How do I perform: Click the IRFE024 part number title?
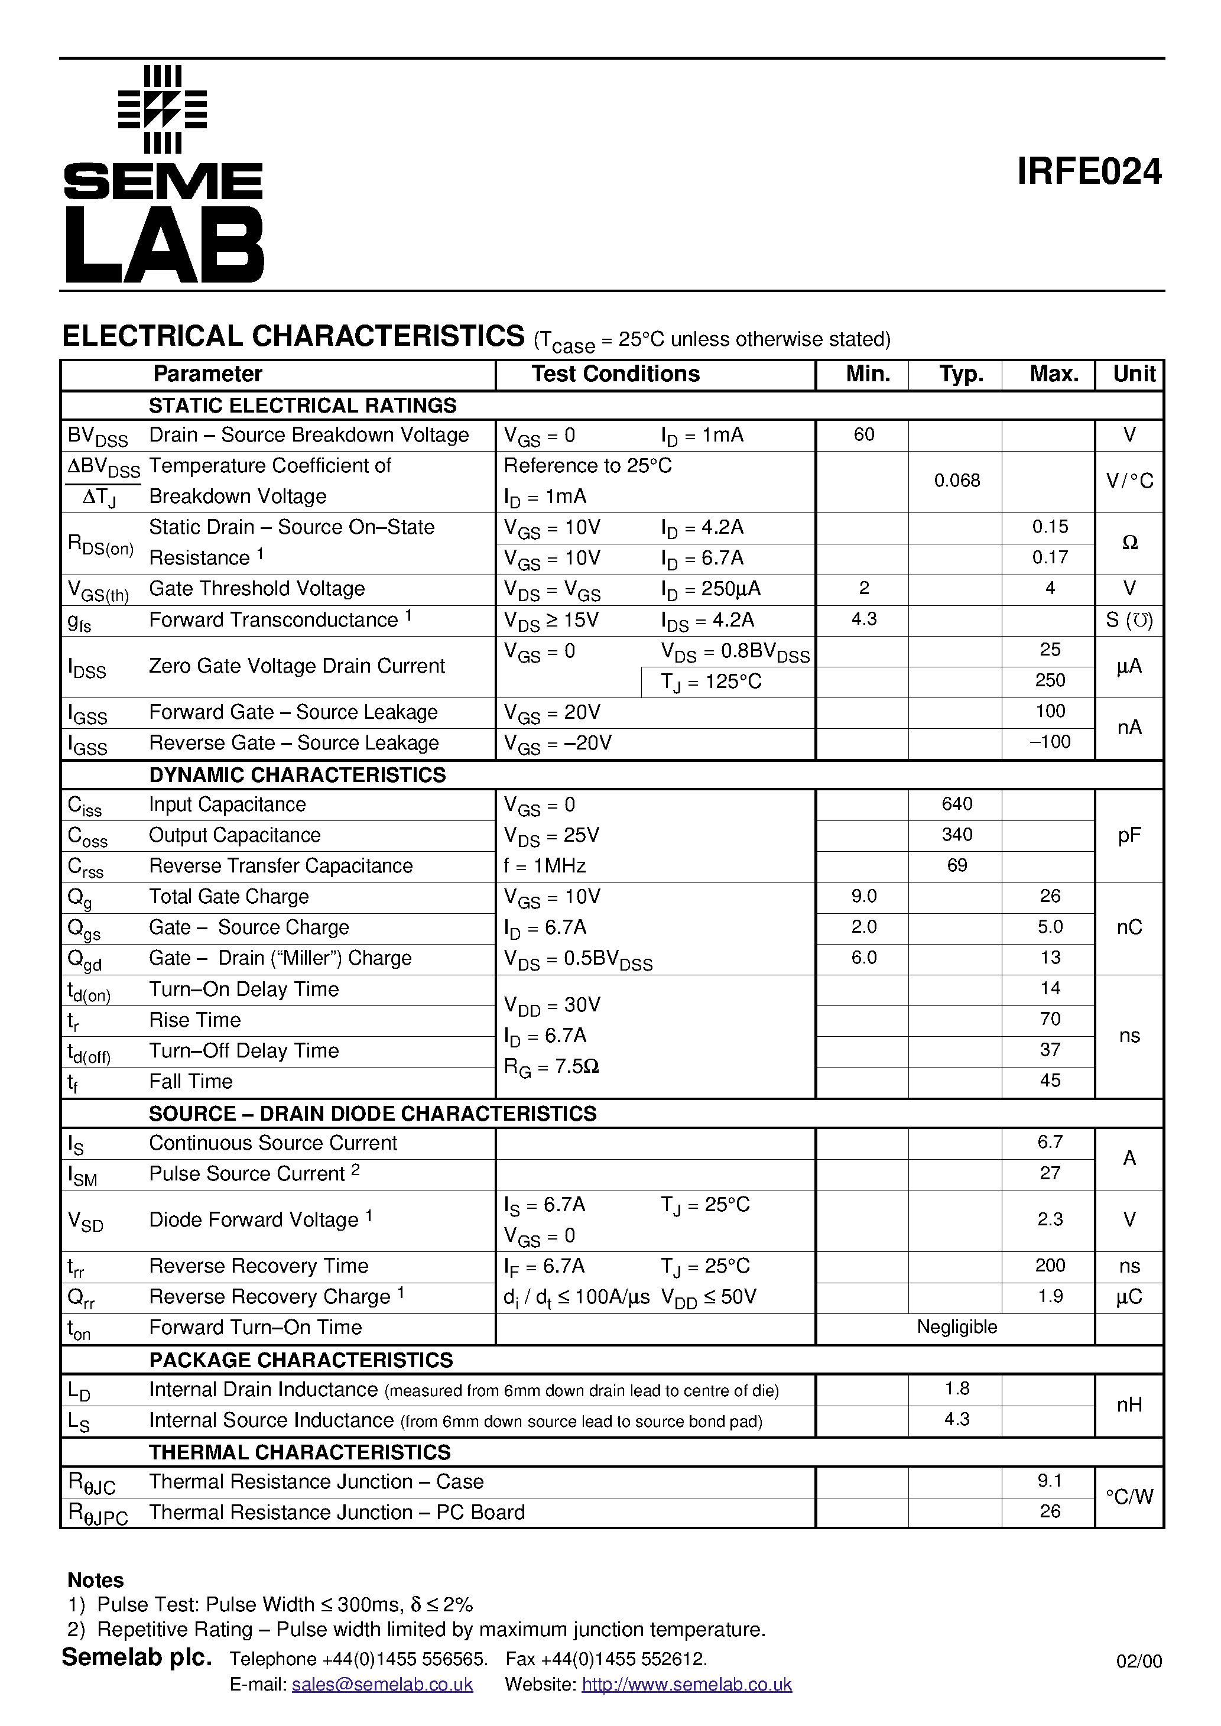(x=1088, y=172)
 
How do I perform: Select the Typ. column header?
(x=961, y=374)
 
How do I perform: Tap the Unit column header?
(x=1134, y=374)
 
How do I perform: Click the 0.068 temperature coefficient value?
(x=956, y=481)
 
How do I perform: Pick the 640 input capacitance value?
(x=956, y=804)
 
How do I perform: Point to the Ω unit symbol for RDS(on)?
(x=1129, y=543)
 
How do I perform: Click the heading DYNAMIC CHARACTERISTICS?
(x=297, y=775)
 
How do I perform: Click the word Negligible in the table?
(x=956, y=1328)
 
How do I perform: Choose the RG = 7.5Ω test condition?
(x=551, y=1068)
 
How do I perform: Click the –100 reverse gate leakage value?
(x=1050, y=742)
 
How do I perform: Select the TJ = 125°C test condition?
(x=710, y=682)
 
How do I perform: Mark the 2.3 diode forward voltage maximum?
(x=1050, y=1219)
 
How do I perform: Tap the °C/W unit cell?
(x=1129, y=1497)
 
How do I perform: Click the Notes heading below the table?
(x=96, y=1580)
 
